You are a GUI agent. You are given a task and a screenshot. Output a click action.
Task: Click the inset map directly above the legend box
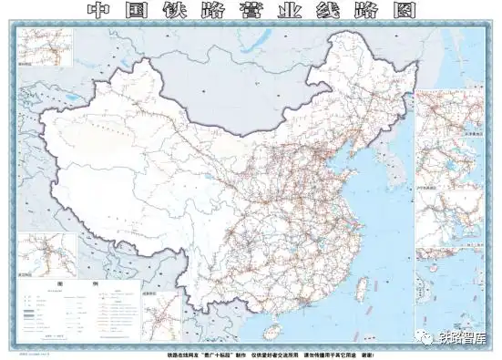click(x=46, y=254)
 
